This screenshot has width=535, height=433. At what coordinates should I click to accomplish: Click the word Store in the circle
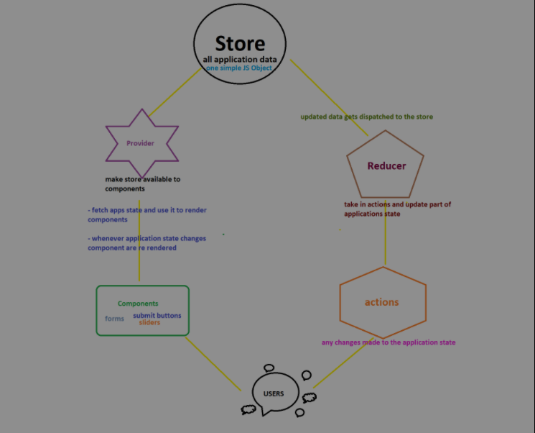point(240,43)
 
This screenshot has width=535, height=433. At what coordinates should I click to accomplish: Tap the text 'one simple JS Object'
point(240,67)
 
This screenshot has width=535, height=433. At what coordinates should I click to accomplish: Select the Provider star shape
point(141,143)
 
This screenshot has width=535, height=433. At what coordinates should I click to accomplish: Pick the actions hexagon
point(382,302)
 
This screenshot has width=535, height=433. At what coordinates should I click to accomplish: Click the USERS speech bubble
point(274,393)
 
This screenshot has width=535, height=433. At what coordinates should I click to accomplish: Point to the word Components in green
point(138,304)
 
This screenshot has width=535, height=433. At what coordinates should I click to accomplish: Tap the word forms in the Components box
point(114,318)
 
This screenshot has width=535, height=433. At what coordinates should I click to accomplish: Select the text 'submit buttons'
point(157,315)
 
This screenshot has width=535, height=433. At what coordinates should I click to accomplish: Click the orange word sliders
point(149,323)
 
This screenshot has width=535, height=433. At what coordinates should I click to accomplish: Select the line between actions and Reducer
point(386,241)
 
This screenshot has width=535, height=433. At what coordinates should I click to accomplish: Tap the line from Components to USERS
point(213,363)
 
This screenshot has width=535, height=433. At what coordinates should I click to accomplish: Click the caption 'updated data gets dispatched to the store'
point(366,117)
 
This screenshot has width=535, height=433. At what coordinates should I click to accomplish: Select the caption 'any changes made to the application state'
point(388,342)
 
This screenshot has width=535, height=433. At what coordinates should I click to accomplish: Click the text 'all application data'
point(240,59)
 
